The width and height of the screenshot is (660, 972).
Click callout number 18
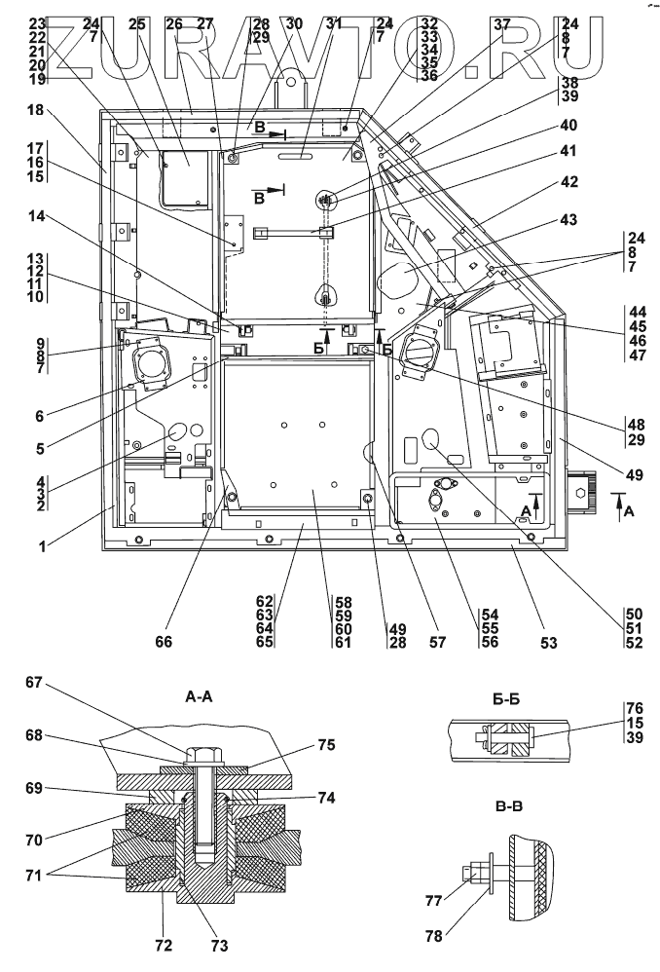(x=35, y=110)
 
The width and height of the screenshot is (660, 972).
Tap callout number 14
(x=37, y=215)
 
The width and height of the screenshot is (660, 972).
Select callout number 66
(x=165, y=642)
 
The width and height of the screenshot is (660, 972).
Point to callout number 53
(x=548, y=642)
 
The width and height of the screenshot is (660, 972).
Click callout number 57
(x=437, y=642)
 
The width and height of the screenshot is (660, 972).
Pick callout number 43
(x=568, y=219)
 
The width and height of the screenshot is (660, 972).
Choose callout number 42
(x=568, y=181)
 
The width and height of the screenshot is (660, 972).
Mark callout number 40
(x=568, y=126)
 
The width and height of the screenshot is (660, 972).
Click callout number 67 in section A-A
(x=33, y=682)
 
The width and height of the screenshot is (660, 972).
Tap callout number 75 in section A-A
(x=326, y=744)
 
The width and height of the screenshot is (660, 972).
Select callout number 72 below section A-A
(x=164, y=945)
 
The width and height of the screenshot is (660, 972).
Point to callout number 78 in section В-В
(x=434, y=935)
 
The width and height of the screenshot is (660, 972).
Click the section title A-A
(x=199, y=697)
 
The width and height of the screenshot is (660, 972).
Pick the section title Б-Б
(x=505, y=700)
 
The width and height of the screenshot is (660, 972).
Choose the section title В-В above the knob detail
(x=505, y=806)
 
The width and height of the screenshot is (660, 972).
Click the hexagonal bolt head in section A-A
(x=202, y=756)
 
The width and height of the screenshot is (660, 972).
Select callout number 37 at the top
(x=502, y=24)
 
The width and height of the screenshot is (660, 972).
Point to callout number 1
(x=42, y=546)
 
